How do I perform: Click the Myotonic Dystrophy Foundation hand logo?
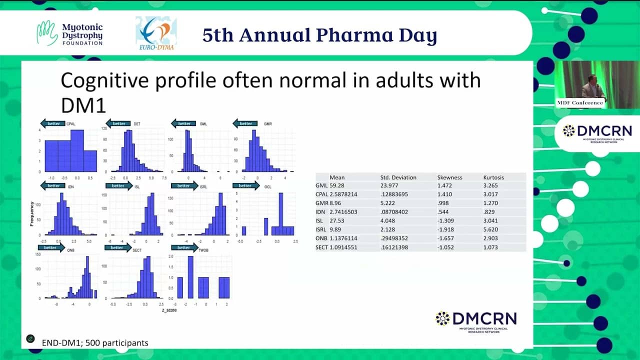[47, 33]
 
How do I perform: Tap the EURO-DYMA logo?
[155, 33]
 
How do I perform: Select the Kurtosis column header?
[493, 177]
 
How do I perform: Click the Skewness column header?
[449, 177]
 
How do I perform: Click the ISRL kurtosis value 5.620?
[490, 230]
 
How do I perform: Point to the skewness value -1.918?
[447, 230]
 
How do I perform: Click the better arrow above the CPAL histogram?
[52, 123]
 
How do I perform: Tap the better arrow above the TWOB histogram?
[183, 247]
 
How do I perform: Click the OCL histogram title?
[267, 186]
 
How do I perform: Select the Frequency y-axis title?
[32, 213]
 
